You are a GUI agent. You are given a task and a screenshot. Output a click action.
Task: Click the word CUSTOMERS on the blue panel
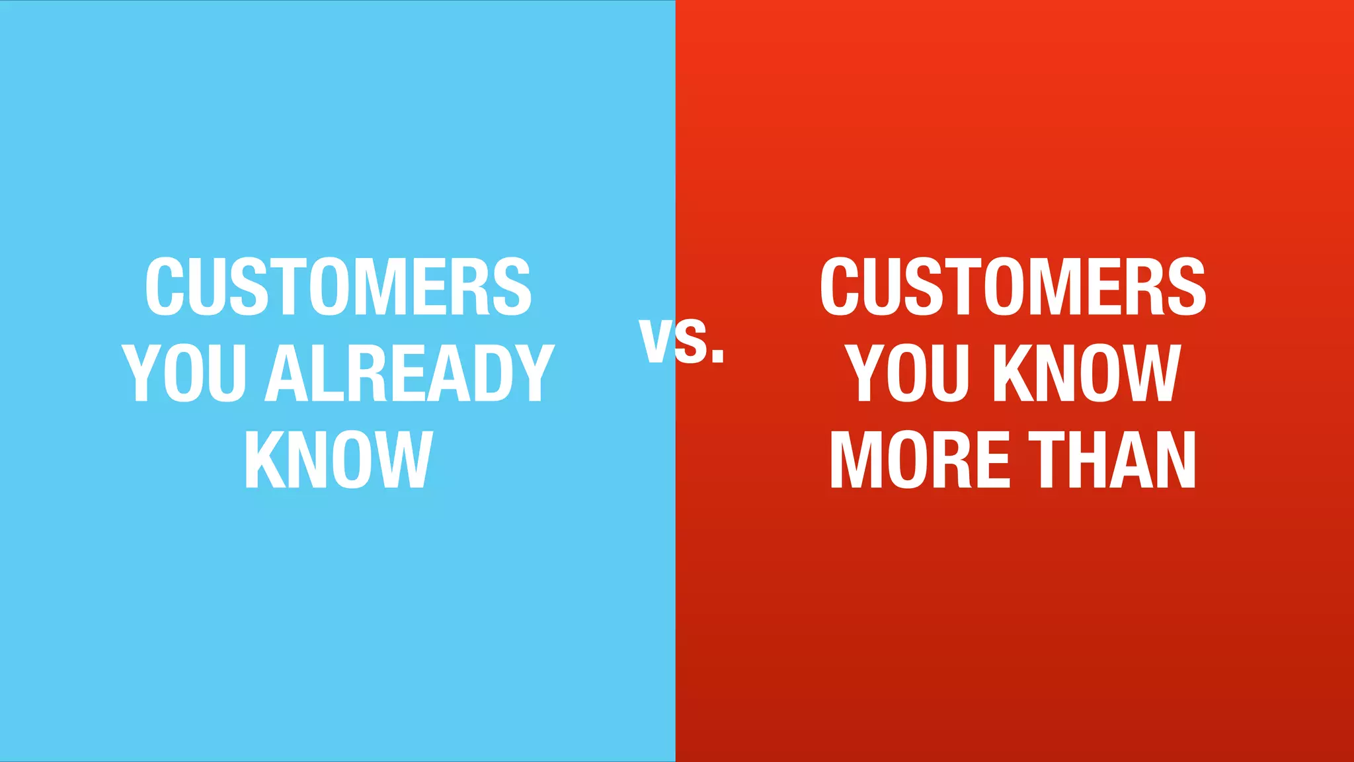[338, 286]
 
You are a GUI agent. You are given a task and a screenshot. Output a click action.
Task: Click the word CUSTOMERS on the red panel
[1013, 286]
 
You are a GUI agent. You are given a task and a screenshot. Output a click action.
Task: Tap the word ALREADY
[409, 373]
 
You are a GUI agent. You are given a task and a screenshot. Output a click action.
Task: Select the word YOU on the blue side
[184, 373]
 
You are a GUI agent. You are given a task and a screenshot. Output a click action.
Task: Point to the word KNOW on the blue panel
[338, 460]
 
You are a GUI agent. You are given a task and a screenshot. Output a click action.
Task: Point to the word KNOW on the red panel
[1088, 373]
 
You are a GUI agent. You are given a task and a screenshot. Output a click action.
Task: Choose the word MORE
[920, 460]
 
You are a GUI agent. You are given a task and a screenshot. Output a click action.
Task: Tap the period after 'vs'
[718, 358]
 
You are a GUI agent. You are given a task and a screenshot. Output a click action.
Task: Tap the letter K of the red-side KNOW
[1012, 373]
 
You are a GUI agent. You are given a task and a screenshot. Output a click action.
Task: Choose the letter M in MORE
[854, 460]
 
